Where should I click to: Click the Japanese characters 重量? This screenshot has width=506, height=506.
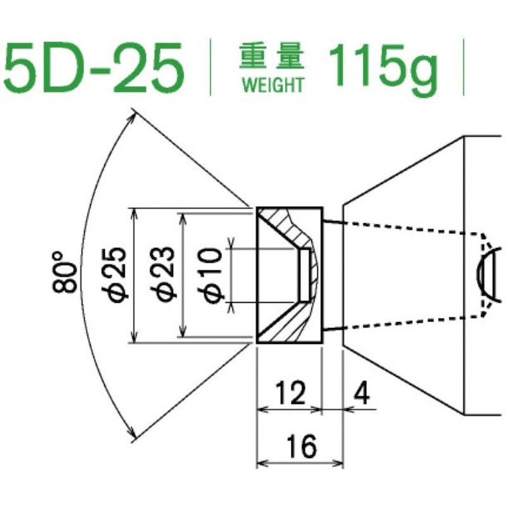[272, 58]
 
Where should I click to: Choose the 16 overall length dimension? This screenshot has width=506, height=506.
[300, 448]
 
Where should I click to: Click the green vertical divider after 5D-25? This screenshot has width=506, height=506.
[211, 68]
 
